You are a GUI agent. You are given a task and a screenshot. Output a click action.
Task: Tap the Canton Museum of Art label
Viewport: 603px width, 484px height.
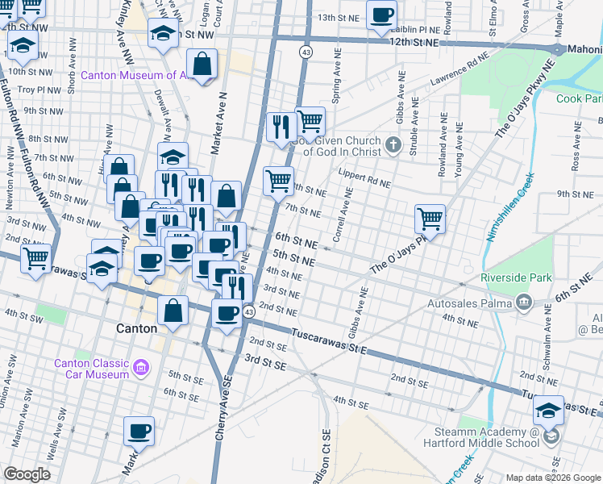pyautogui.click(x=134, y=76)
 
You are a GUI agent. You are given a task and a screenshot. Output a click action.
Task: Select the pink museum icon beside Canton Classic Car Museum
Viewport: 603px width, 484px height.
pyautogui.click(x=142, y=368)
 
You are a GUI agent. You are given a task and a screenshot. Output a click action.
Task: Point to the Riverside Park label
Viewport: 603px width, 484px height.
pyautogui.click(x=516, y=277)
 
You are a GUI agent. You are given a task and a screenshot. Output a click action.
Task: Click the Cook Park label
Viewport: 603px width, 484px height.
pyautogui.click(x=579, y=98)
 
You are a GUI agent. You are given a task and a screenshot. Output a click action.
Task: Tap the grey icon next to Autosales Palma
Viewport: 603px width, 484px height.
pyautogui.click(x=524, y=302)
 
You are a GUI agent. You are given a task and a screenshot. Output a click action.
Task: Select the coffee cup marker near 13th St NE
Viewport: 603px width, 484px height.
pyautogui.click(x=381, y=14)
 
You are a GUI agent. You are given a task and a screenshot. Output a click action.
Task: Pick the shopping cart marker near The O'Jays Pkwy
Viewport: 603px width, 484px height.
pyautogui.click(x=430, y=218)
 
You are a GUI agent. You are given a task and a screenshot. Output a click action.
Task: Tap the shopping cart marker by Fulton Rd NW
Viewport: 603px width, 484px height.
pyautogui.click(x=35, y=258)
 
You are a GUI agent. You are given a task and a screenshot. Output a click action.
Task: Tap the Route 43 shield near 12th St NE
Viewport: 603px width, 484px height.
pyautogui.click(x=305, y=52)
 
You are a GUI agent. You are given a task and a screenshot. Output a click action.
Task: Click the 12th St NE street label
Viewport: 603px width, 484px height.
pyautogui.click(x=414, y=41)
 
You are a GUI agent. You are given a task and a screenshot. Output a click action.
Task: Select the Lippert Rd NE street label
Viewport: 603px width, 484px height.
pyautogui.click(x=364, y=183)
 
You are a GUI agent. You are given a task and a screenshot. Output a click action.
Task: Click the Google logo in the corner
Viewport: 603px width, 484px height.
pyautogui.click(x=27, y=474)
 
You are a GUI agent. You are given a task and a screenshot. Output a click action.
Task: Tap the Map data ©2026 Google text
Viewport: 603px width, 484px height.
pyautogui.click(x=552, y=477)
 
